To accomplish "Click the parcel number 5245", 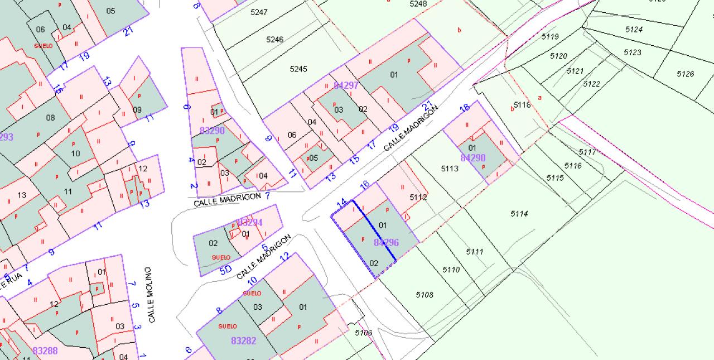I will point(298,69).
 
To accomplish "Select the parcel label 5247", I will point(259,12).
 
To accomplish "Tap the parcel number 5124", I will point(634,30).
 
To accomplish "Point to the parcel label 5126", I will point(685,74).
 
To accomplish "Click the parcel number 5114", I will point(519,214).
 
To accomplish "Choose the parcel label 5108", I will point(424,295).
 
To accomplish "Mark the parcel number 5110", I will point(451,270).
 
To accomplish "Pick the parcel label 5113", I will point(450,169).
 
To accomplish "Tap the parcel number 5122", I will point(591,84).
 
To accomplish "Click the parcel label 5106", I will point(363,333).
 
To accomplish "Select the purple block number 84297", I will point(346,85).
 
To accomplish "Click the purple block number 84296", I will point(387,243).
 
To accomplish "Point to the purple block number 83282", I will point(244,340).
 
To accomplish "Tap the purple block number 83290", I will point(212,131).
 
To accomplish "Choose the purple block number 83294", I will point(249,223).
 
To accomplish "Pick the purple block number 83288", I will point(45,351).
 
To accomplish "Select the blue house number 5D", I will point(225,270).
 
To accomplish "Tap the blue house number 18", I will point(464,108).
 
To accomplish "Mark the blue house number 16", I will point(365,185).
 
